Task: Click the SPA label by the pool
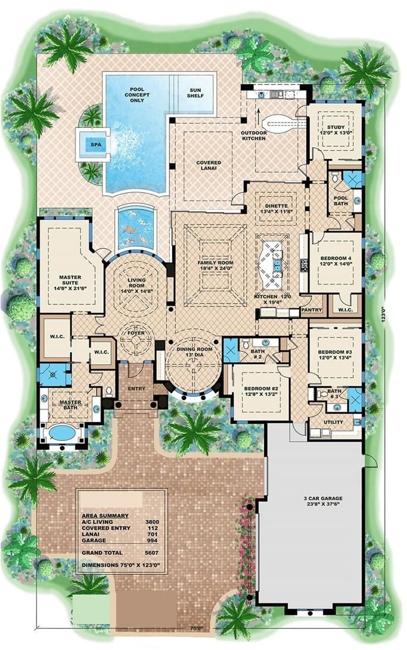pyautogui.click(x=94, y=144)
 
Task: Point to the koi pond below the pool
pyautogui.click(x=136, y=227)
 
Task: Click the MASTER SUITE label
pyautogui.click(x=70, y=280)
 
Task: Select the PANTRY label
pyautogui.click(x=311, y=310)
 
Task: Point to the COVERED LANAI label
pyautogui.click(x=209, y=166)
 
